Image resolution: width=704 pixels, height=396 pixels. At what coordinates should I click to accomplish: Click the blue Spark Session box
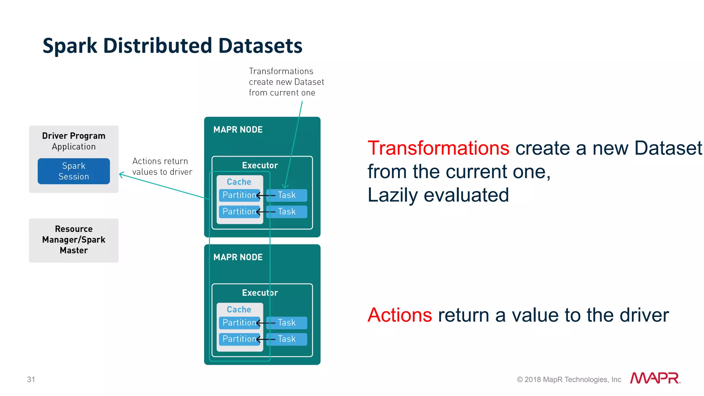coord(74,171)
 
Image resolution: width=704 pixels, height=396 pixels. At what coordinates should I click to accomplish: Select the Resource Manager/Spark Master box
coord(74,240)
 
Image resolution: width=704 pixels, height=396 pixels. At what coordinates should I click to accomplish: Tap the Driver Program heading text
coord(74,136)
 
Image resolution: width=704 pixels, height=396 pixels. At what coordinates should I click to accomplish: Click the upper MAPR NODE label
coord(238,129)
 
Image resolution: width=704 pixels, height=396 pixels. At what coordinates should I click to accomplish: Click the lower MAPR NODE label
coord(238,257)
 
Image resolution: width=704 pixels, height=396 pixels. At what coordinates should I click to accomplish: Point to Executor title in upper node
coord(260,165)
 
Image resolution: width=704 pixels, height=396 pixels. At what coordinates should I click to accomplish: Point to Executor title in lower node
coord(260,293)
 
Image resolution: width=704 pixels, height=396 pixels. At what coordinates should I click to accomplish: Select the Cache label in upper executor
coord(239,182)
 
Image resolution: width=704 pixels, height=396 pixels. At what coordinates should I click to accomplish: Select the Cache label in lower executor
coord(239,309)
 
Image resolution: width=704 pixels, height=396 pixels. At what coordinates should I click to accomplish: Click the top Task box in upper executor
coord(287,195)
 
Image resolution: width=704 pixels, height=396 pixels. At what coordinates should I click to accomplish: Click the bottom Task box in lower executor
coord(287,339)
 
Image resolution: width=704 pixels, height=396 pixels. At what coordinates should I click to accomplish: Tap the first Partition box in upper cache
coord(239,195)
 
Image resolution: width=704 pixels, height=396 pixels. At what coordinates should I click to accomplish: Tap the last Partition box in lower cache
coord(239,339)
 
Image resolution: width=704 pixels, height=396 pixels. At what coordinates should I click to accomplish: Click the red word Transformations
coord(438,148)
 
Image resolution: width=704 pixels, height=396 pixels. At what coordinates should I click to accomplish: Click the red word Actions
coord(400,315)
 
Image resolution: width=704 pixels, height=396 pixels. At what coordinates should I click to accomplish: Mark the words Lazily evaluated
coord(438,195)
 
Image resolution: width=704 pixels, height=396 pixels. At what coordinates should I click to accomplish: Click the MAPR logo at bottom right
coord(655,378)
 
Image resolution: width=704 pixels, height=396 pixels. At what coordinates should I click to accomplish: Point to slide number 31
coord(31,379)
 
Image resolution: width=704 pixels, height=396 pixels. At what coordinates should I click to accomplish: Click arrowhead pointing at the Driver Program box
coord(121,174)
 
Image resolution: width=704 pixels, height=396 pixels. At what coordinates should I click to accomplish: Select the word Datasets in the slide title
coord(260,46)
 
